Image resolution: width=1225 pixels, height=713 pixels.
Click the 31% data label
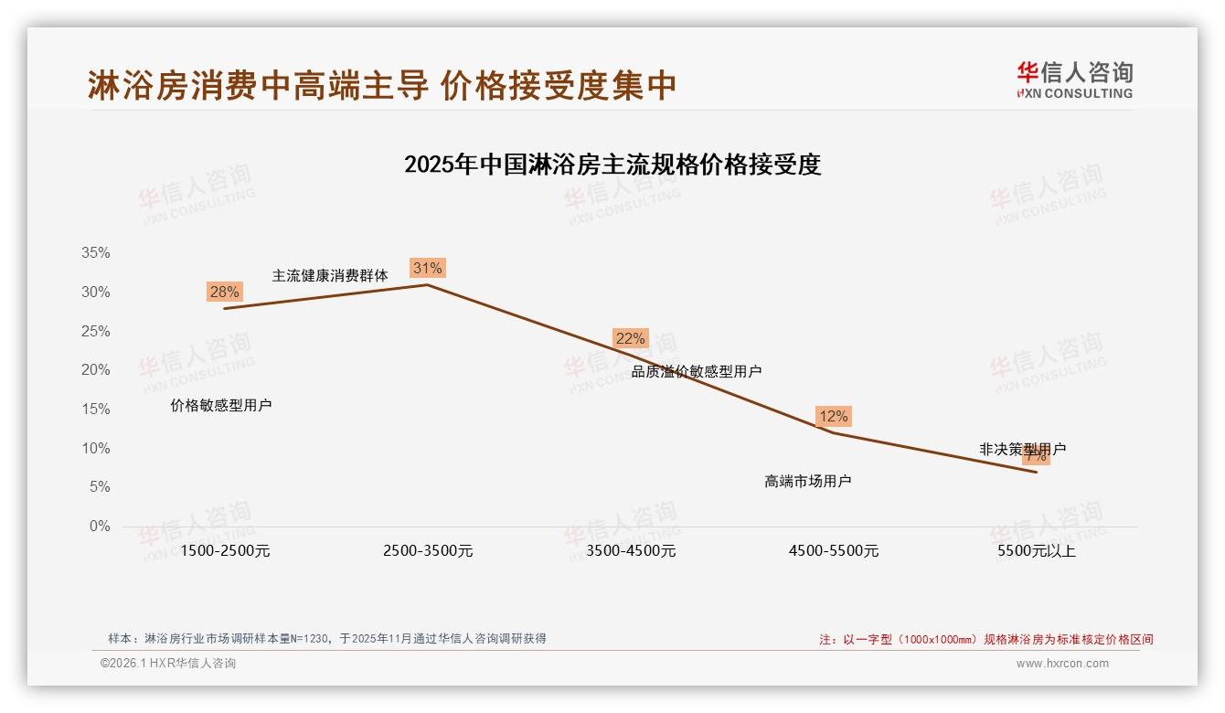click(427, 268)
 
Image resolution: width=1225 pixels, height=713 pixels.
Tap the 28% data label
click(224, 292)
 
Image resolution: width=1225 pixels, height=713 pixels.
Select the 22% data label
click(630, 338)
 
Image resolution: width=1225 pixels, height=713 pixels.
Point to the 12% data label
click(833, 416)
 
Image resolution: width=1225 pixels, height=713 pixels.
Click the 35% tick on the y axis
click(94, 253)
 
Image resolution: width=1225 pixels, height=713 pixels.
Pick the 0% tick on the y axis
click(99, 527)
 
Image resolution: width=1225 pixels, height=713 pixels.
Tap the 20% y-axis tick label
click(94, 370)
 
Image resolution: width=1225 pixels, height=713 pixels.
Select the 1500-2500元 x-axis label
click(225, 551)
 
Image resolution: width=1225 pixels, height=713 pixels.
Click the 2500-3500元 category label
click(428, 551)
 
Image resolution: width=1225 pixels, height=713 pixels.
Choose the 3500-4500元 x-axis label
click(631, 551)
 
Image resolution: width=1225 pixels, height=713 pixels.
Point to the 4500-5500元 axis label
click(834, 551)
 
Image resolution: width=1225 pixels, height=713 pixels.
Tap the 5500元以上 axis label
click(1037, 551)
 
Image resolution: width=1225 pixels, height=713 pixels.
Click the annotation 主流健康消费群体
click(330, 275)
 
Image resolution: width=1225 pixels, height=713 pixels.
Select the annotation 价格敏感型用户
click(221, 405)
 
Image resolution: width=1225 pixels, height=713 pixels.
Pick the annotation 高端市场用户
click(807, 481)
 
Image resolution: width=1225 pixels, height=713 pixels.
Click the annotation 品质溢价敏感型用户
click(697, 371)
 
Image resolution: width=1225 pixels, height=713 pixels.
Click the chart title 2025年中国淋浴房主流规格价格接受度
click(612, 165)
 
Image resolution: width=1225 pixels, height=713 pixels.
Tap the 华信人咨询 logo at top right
click(1074, 80)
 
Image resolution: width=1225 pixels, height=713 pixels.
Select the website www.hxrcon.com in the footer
click(1062, 664)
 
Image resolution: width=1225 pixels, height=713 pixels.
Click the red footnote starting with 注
click(985, 639)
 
